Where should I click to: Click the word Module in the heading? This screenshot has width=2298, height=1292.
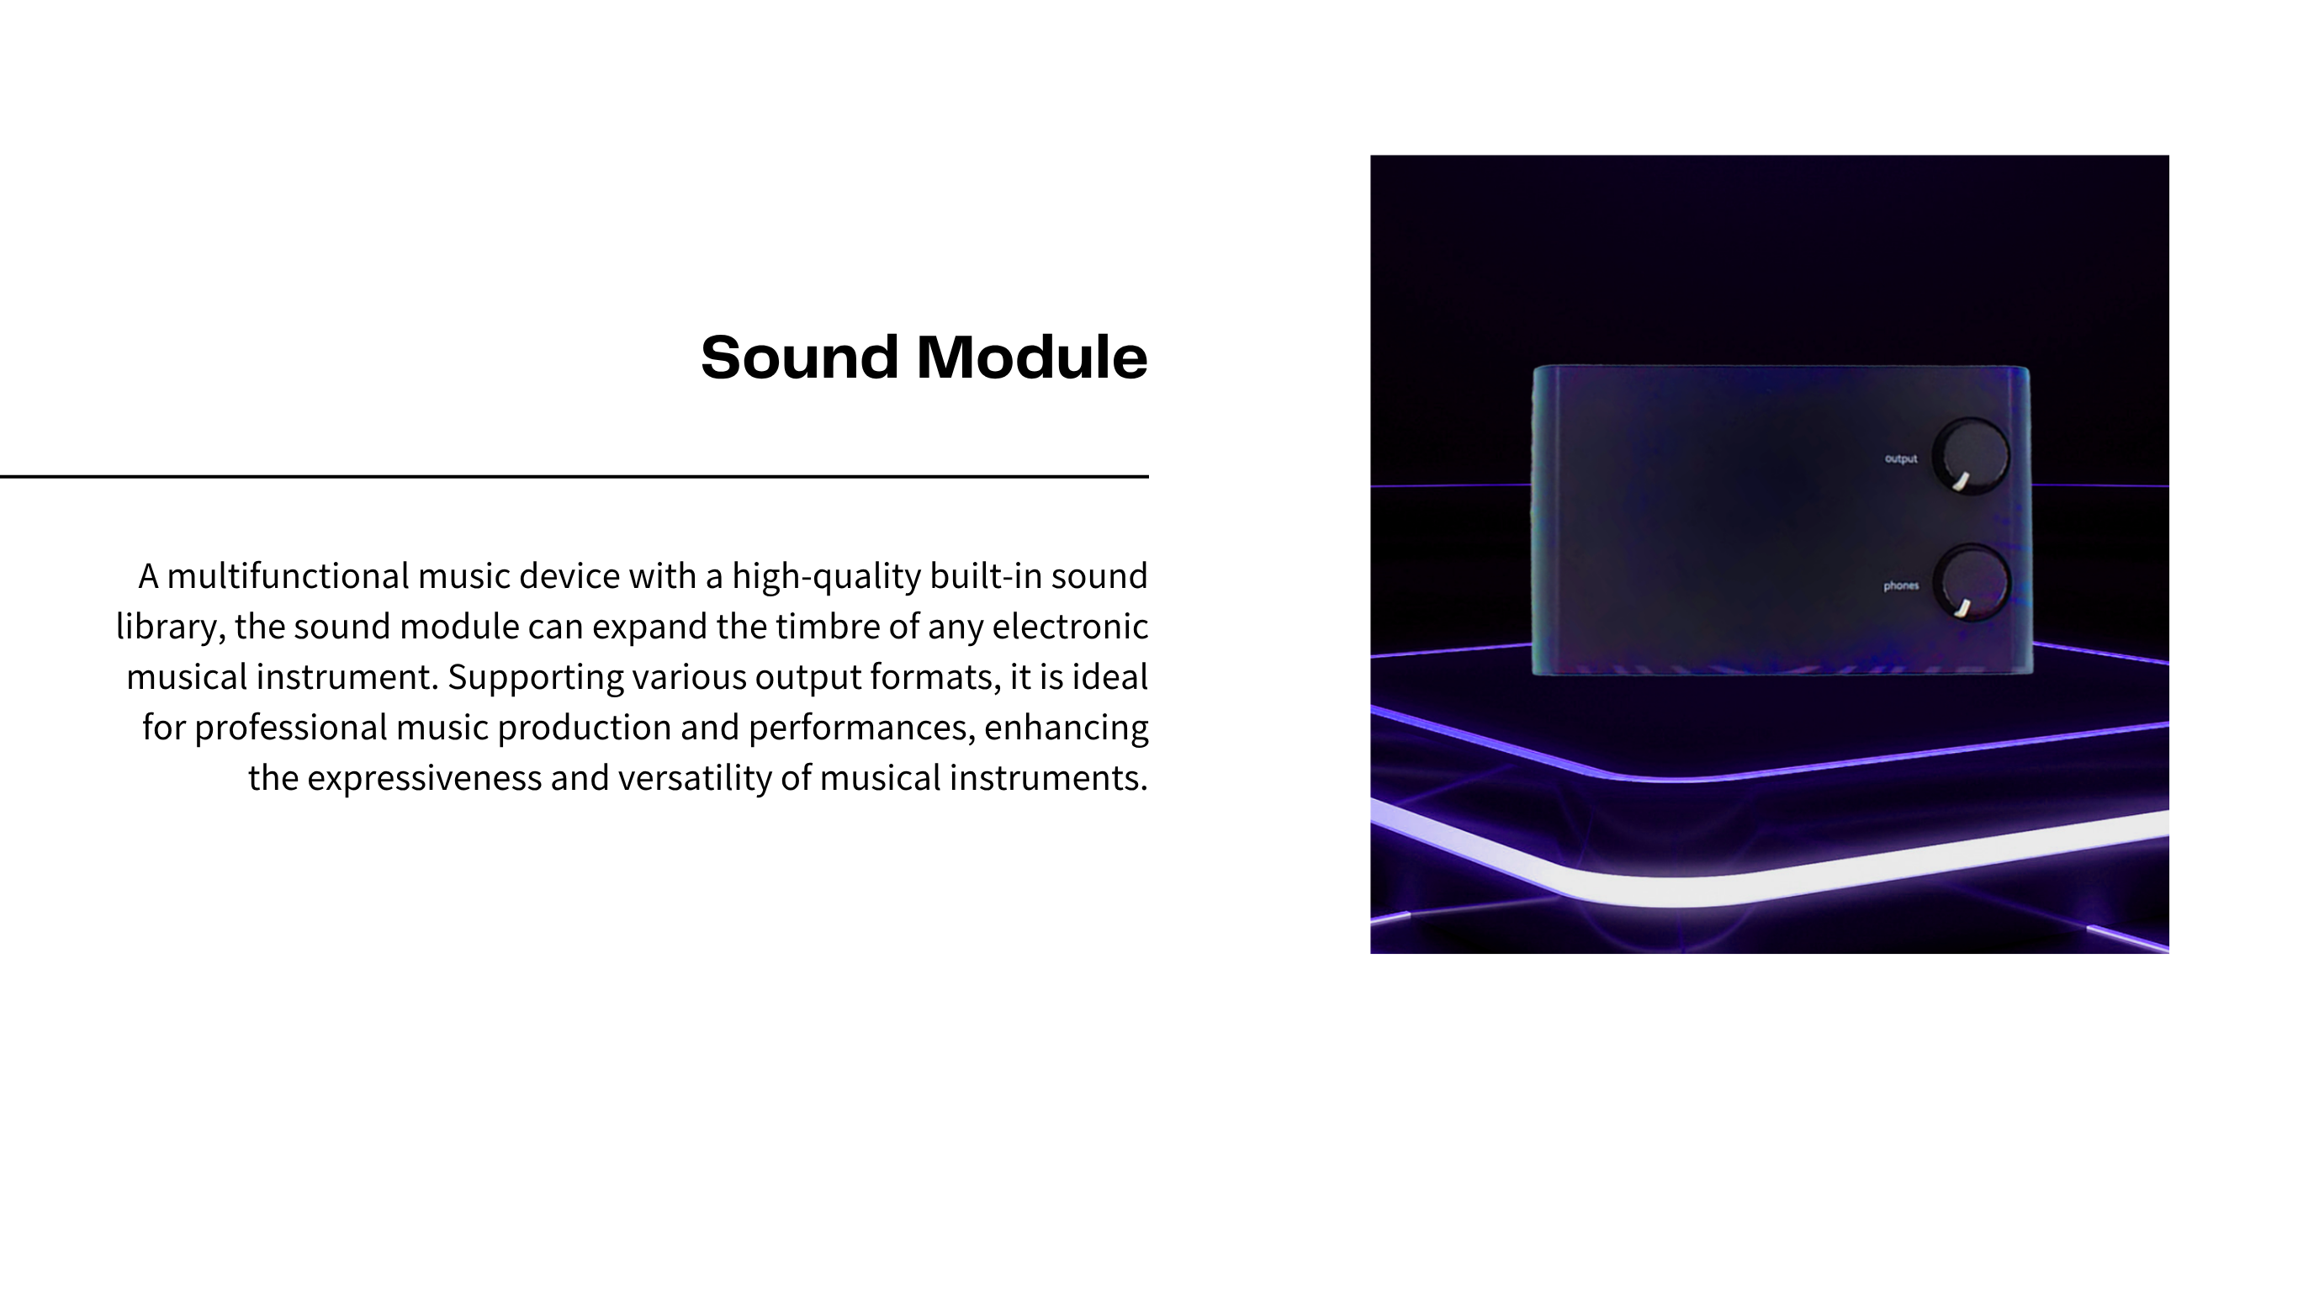click(1032, 357)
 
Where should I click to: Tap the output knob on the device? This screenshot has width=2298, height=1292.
click(1971, 455)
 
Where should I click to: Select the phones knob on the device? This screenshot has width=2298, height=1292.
click(1972, 583)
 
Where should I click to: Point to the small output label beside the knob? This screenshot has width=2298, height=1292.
click(1900, 458)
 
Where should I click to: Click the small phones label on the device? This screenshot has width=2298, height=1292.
click(1900, 585)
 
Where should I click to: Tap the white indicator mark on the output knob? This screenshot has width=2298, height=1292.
click(1961, 482)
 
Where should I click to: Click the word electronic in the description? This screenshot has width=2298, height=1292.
click(1070, 627)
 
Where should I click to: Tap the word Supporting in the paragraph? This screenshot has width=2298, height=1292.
click(535, 678)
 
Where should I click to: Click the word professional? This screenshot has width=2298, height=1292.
click(291, 728)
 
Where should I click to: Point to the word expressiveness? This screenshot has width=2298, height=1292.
click(425, 779)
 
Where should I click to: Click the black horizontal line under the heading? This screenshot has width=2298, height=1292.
click(574, 476)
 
